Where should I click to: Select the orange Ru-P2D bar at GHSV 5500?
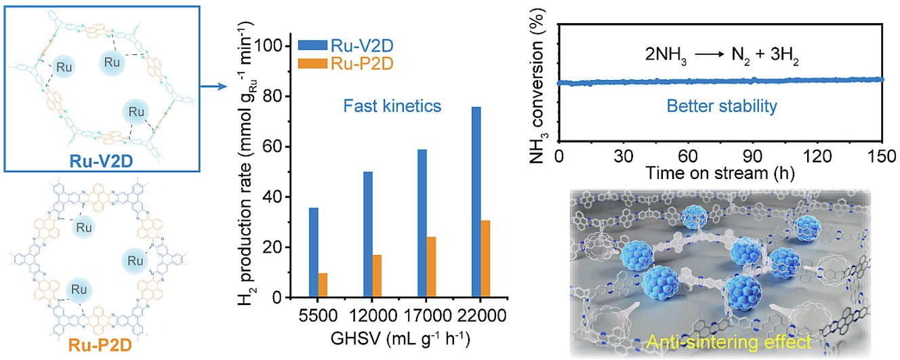point(323,285)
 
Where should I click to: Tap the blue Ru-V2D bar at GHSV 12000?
point(368,235)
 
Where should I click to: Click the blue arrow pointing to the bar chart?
point(213,87)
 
